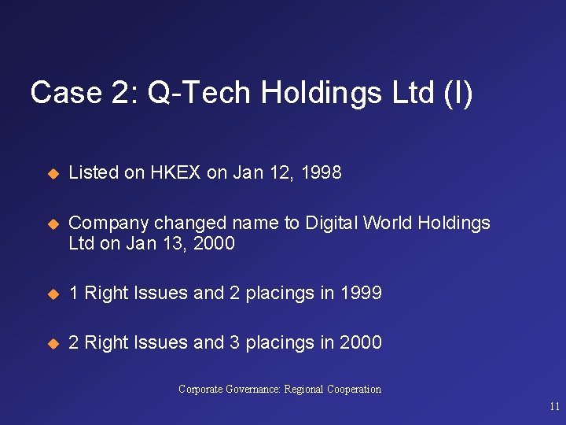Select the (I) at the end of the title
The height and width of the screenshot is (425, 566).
click(458, 93)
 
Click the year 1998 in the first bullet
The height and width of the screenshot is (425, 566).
click(320, 172)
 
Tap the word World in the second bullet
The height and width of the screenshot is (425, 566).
click(388, 223)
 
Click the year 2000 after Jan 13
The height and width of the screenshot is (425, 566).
click(213, 243)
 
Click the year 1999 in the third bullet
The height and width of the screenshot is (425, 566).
click(360, 293)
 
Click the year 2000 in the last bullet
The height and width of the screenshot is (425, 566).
click(360, 342)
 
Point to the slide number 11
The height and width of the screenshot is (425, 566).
click(555, 407)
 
